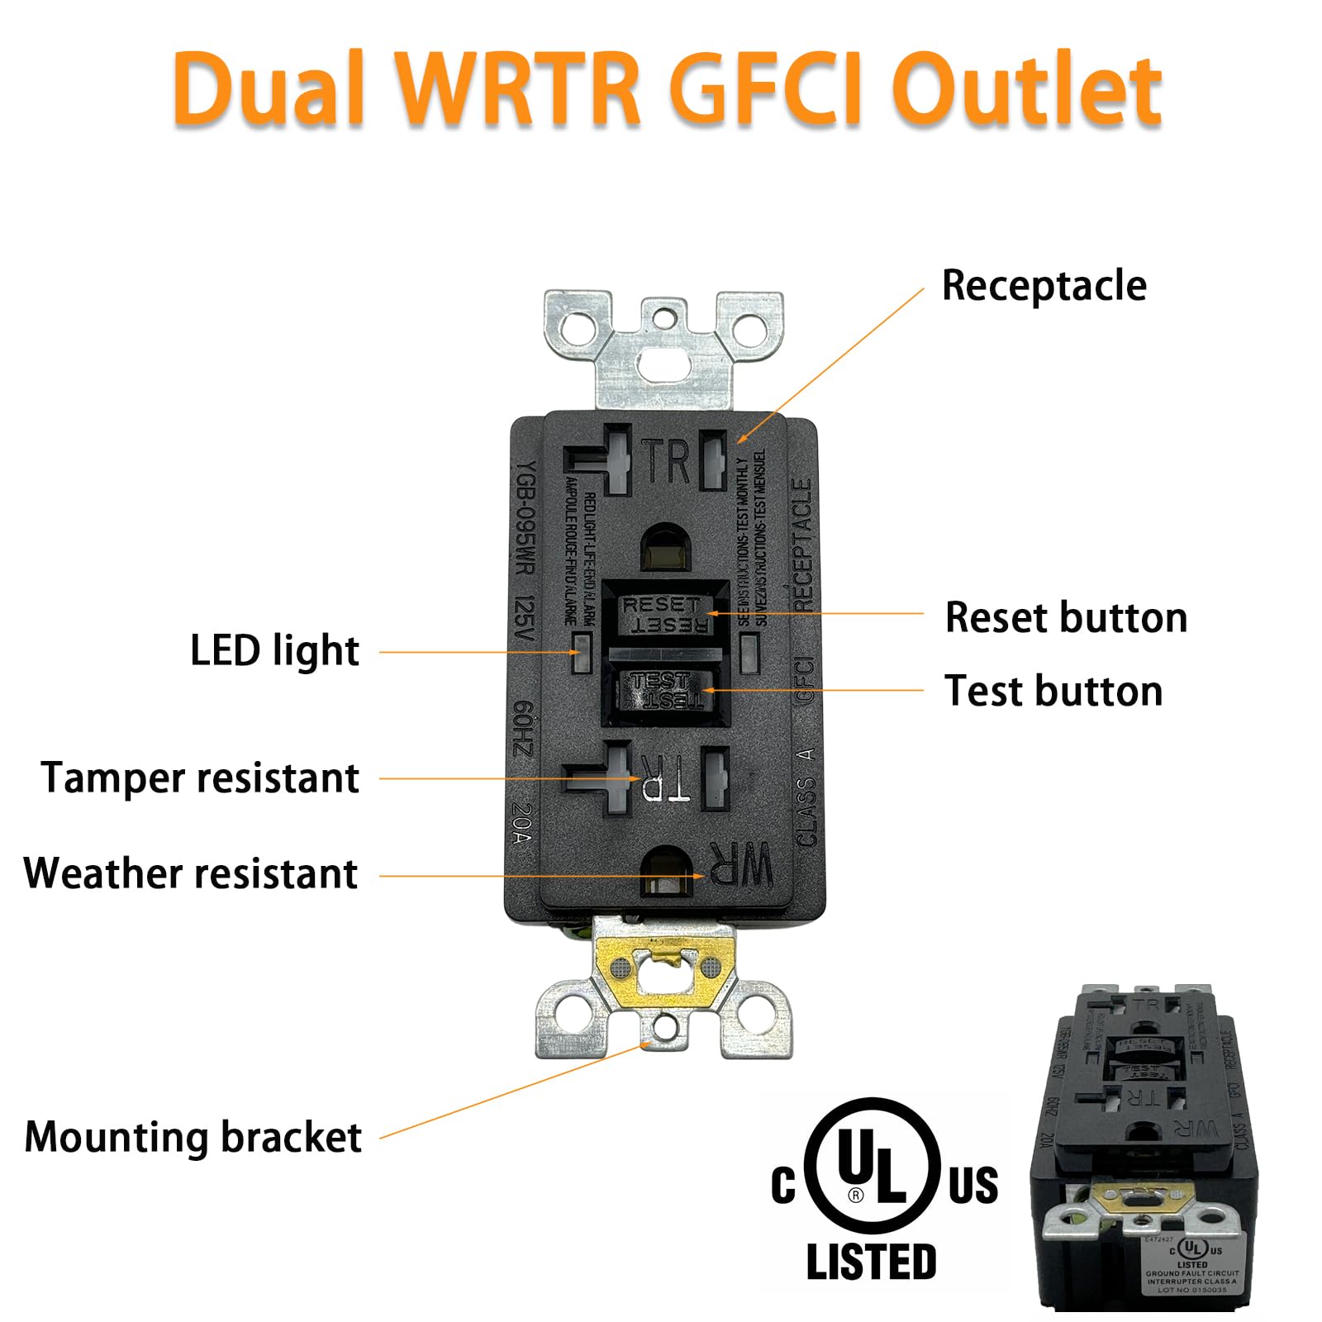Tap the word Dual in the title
[x=269, y=89]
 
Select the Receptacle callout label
[x=1044, y=286]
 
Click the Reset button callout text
[x=1066, y=618]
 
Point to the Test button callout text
[x=1053, y=691]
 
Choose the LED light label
[x=274, y=651]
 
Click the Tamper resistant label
[x=200, y=778]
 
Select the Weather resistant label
[x=191, y=874]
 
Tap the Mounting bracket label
[x=193, y=1138]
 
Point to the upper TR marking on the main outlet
[x=666, y=461]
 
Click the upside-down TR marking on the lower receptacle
[x=664, y=778]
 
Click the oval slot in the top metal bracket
[x=664, y=361]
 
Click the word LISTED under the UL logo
[x=871, y=1263]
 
